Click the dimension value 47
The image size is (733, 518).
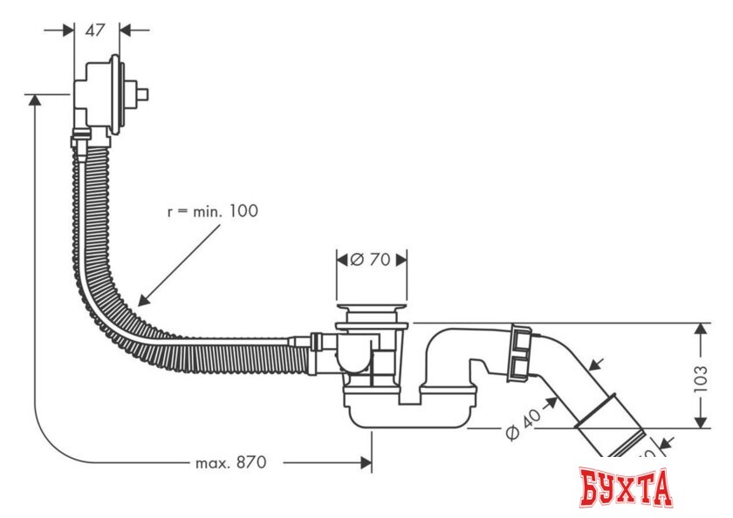point(95,30)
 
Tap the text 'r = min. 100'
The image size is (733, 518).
point(213,211)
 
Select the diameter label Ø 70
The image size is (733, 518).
point(371,259)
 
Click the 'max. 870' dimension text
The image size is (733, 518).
point(230,462)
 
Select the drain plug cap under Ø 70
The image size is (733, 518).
point(372,310)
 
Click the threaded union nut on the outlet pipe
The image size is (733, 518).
point(519,352)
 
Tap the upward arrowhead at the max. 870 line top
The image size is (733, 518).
point(35,100)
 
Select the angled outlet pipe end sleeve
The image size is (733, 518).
point(611,427)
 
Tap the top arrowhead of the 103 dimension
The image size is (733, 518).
point(702,329)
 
